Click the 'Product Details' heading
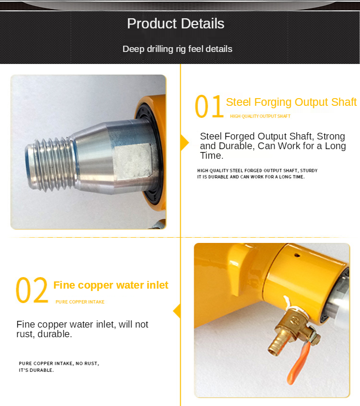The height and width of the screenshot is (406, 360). click(175, 24)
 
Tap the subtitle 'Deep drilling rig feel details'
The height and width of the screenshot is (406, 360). click(177, 49)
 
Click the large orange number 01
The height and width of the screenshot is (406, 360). click(209, 106)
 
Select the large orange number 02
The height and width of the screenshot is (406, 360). click(32, 290)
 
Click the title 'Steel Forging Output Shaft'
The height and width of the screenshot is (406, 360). click(291, 102)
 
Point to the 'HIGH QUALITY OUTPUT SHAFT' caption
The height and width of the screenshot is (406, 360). click(260, 116)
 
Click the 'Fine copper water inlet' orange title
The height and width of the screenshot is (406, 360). click(111, 285)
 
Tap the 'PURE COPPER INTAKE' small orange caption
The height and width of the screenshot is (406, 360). click(80, 302)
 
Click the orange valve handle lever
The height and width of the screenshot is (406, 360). click(298, 363)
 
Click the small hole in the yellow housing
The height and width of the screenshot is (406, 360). click(297, 255)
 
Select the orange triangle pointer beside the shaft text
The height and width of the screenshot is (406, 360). click(185, 142)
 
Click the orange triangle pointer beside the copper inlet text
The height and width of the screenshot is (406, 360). click(177, 311)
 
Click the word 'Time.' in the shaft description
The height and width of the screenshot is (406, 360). click(211, 155)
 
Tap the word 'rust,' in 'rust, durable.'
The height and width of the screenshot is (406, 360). click(25, 334)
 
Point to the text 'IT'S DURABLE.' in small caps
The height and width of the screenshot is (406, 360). click(36, 370)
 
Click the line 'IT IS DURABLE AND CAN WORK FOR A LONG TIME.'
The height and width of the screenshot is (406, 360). click(251, 177)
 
